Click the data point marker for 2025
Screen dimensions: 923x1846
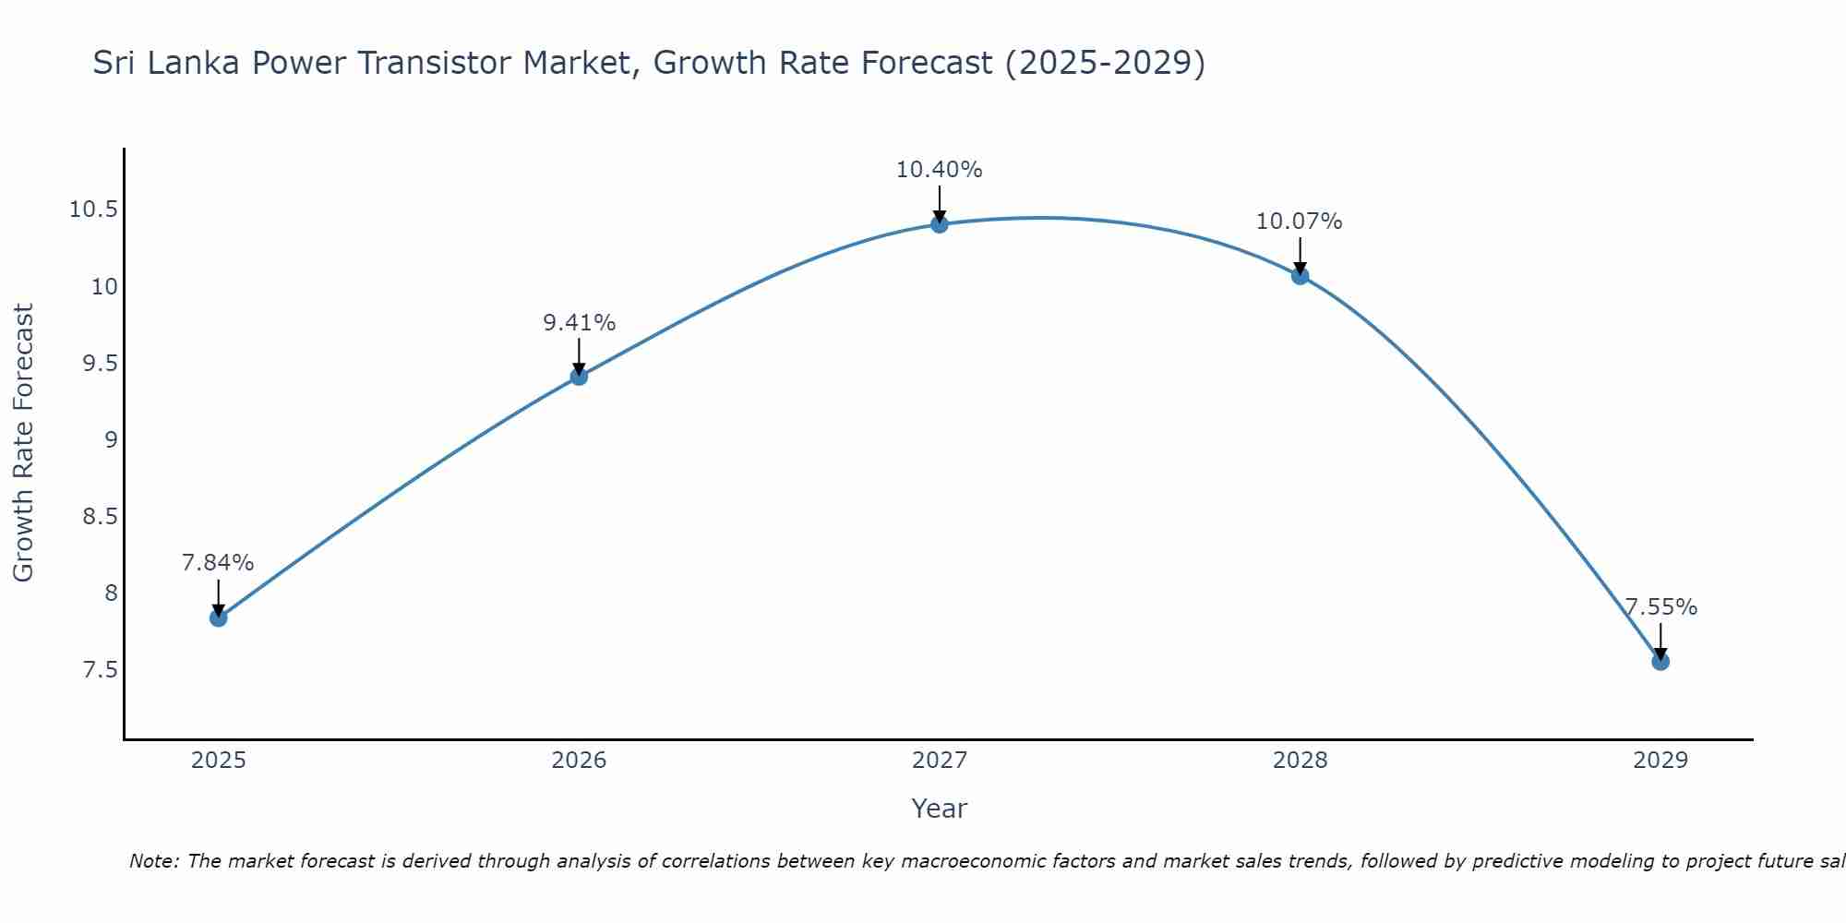[x=219, y=617]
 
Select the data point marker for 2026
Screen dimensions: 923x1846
[x=579, y=376]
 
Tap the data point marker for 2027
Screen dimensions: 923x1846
[x=940, y=223]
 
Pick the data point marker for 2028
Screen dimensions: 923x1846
[x=1300, y=275]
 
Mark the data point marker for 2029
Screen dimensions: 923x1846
[x=1660, y=661]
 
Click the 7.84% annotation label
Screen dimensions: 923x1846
[x=218, y=563]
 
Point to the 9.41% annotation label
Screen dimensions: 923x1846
[x=579, y=323]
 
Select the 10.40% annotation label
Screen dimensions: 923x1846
[x=940, y=170]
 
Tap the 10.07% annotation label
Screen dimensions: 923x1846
[x=1300, y=222]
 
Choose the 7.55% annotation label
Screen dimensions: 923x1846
[x=1660, y=607]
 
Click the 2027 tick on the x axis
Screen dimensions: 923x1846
[x=940, y=761]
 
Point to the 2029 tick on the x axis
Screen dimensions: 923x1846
[x=1660, y=761]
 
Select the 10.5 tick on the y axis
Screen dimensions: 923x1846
[x=93, y=210]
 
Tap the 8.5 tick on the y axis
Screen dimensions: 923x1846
[x=100, y=516]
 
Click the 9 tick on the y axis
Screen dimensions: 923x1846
[x=111, y=439]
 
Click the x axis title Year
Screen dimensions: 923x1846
[x=940, y=809]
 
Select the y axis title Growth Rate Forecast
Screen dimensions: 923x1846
[x=24, y=442]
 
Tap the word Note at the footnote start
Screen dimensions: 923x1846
[x=153, y=861]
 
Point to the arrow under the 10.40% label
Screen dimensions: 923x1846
[x=940, y=203]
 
